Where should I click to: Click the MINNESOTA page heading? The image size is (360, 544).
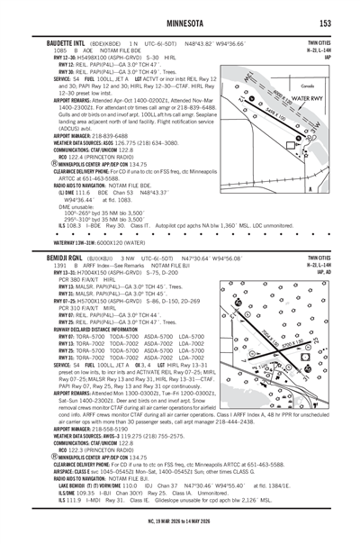pyautogui.click(x=179, y=21)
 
